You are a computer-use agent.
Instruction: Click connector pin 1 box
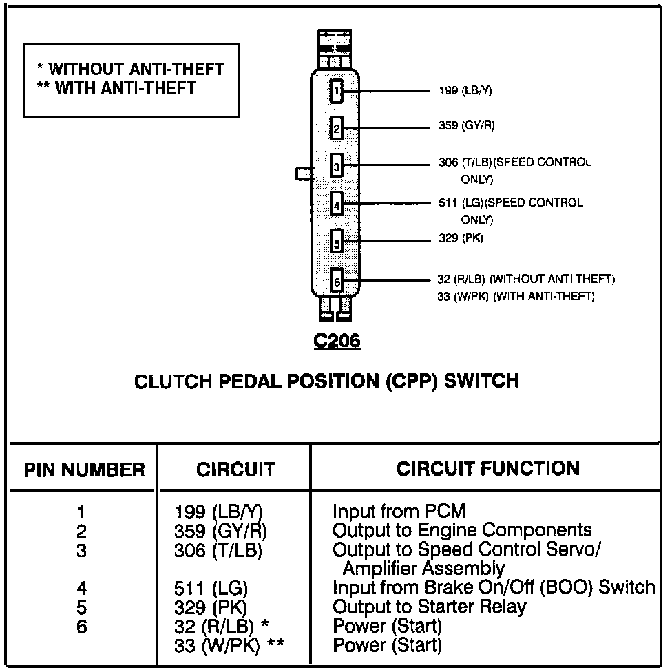[336, 91]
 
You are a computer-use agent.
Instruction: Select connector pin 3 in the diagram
[336, 166]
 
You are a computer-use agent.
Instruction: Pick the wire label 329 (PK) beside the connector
[461, 238]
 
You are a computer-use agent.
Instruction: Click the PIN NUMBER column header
[85, 470]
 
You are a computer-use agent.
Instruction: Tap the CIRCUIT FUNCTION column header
[488, 469]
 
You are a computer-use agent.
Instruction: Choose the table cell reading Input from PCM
[399, 512]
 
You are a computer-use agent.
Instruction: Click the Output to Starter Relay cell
[429, 607]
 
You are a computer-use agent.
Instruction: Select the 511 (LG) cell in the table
[211, 589]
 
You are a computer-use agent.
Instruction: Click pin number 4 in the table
[82, 589]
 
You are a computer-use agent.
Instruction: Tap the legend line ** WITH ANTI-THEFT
[116, 87]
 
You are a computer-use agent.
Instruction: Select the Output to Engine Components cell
[462, 530]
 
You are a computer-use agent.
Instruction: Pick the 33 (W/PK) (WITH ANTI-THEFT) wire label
[516, 297]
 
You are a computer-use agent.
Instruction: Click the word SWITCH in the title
[481, 381]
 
